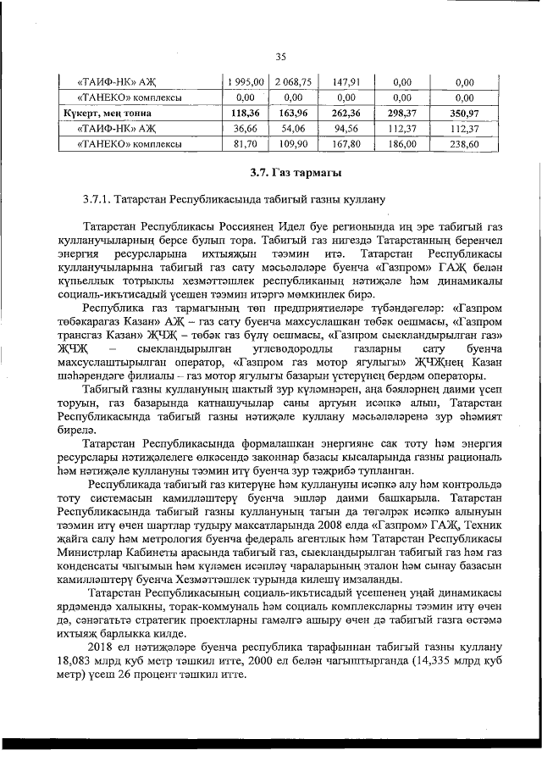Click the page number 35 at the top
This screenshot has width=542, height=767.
pos(281,57)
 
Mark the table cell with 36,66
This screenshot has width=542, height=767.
pos(244,129)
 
